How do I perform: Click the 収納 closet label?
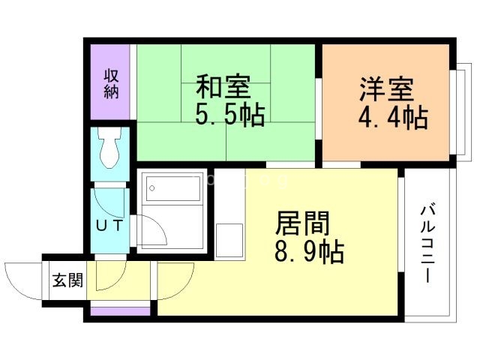click(x=111, y=83)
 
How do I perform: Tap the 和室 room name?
click(x=223, y=86)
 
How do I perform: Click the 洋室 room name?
click(x=386, y=88)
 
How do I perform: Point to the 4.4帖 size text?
click(x=393, y=118)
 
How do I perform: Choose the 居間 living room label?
click(x=302, y=223)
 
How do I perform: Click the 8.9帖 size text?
click(x=309, y=252)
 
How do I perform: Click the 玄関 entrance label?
click(x=67, y=280)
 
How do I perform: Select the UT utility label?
click(x=109, y=226)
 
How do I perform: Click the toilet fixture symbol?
click(x=110, y=148)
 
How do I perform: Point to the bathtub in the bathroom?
click(x=173, y=188)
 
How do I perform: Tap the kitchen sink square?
click(x=229, y=241)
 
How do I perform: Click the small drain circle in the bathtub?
click(x=152, y=188)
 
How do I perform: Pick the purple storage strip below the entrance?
click(x=120, y=311)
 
